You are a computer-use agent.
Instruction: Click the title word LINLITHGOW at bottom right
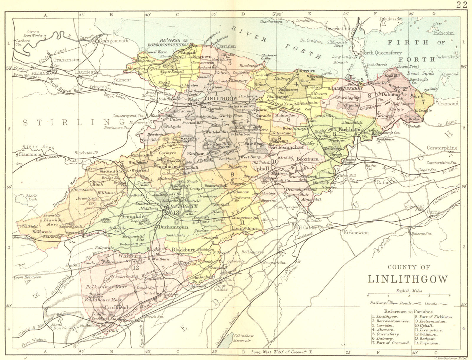tap(408, 279)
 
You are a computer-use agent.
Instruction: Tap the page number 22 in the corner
tap(462, 4)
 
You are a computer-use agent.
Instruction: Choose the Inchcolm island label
tap(443, 33)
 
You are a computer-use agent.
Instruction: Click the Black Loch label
tap(31, 198)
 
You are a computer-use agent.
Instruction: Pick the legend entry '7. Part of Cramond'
tap(390, 343)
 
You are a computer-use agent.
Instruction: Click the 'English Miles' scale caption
tap(409, 291)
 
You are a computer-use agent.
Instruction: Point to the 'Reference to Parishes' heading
tap(409, 311)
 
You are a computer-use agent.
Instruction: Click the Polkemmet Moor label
tap(106, 287)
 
